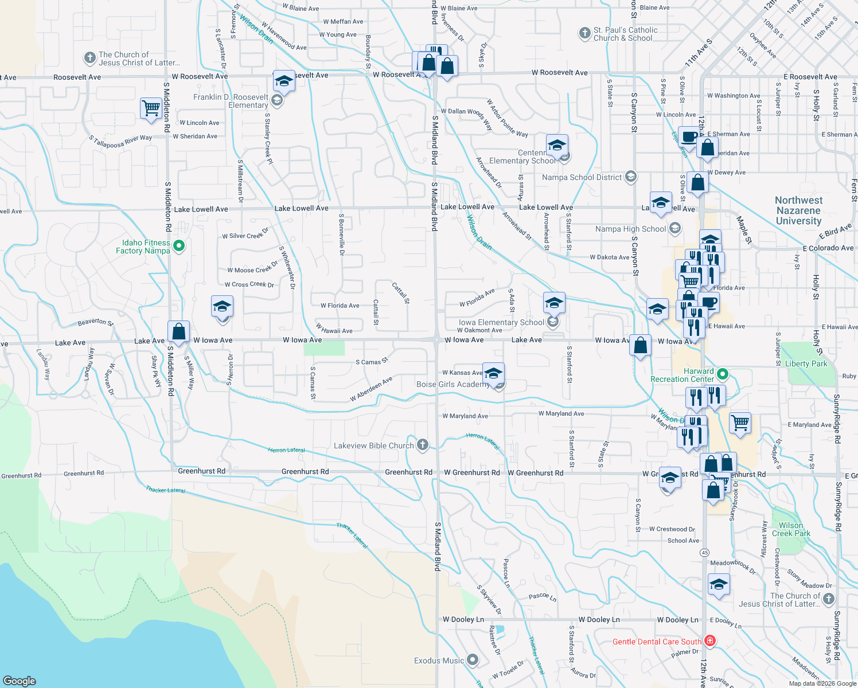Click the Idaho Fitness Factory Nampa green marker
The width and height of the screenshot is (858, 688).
[x=179, y=246]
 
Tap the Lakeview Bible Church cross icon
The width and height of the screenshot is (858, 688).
[x=423, y=445]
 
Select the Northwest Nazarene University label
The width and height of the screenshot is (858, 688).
[x=798, y=210]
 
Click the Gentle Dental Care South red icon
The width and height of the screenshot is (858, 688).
[x=710, y=641]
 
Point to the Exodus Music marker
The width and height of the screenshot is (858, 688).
[x=473, y=660]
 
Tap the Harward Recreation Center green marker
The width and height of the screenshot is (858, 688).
[x=723, y=375]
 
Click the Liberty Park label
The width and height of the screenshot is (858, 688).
[x=806, y=363]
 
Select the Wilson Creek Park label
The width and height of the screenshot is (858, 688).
[x=791, y=529]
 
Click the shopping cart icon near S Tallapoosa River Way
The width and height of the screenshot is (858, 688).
[x=151, y=108]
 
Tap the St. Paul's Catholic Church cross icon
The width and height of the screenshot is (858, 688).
[x=584, y=33]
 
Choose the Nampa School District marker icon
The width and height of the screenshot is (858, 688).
[x=631, y=177]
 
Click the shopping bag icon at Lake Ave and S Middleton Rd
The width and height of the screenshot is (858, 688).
[x=178, y=331]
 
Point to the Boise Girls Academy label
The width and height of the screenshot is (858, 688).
[x=453, y=384]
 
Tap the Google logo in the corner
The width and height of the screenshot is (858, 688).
[x=19, y=681]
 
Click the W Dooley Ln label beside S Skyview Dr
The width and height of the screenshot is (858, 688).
[x=463, y=619]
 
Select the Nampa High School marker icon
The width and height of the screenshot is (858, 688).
[x=675, y=228]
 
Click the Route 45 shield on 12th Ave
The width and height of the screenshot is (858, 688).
[x=704, y=553]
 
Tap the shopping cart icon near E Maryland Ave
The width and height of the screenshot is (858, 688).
[x=740, y=423]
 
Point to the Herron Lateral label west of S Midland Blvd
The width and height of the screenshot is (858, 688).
[x=286, y=450]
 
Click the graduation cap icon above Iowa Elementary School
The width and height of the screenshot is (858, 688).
[x=553, y=302]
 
